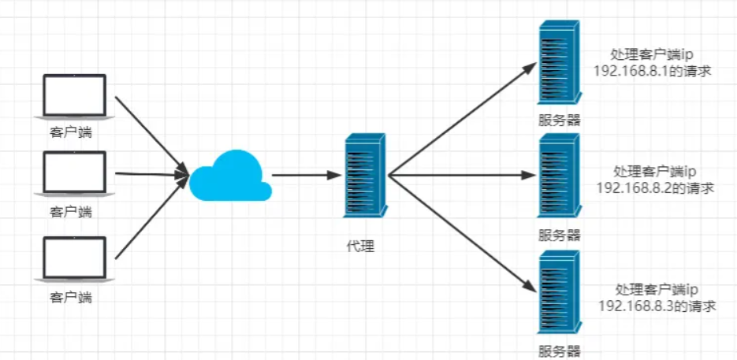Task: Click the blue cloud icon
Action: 230,176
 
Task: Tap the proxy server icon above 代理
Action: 365,176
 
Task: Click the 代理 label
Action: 359,246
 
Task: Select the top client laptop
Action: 75,96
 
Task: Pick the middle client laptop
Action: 75,173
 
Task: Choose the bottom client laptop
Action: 75,259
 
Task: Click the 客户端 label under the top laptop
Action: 71,132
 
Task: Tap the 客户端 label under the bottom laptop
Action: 71,298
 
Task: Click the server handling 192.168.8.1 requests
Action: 560,62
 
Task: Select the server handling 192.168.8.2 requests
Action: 560,176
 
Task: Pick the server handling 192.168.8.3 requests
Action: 560,292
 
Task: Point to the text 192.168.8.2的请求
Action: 655,188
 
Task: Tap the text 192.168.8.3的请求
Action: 657,306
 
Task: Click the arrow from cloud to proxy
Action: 307,176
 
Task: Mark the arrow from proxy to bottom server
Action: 463,234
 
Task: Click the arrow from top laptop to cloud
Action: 152,135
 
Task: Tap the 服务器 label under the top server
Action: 560,120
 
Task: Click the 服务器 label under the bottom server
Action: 560,351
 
